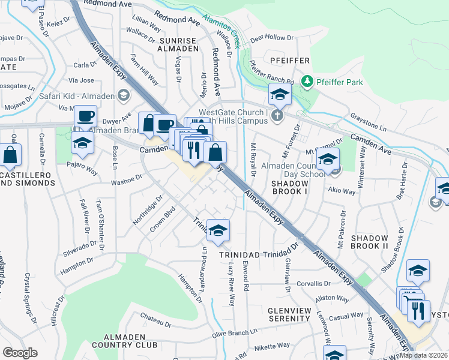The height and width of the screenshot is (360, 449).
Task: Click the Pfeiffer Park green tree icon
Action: [307, 80]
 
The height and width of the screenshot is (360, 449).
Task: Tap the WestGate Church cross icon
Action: [277, 116]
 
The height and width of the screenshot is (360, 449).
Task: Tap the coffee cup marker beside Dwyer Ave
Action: [85, 116]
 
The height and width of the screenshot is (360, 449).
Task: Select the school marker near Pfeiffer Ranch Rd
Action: [280, 95]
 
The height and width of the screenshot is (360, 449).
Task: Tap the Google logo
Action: [20, 353]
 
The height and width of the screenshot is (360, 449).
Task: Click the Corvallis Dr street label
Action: [310, 283]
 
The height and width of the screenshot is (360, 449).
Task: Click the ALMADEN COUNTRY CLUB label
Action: [130, 341]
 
